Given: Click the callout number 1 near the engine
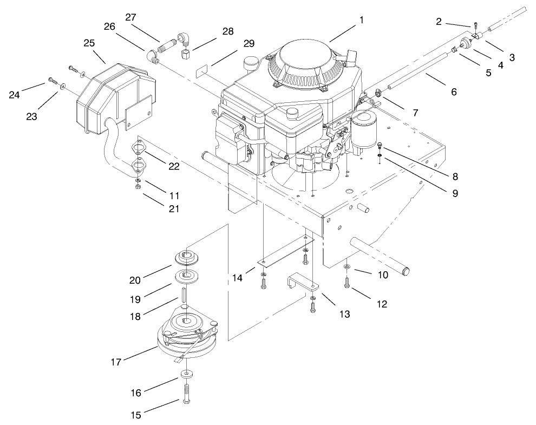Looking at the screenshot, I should [x=361, y=20].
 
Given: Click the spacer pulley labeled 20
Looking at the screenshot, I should [x=187, y=257].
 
